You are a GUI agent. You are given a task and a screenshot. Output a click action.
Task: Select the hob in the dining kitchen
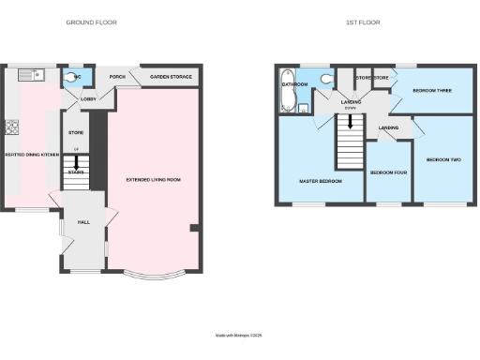click(x=13, y=128)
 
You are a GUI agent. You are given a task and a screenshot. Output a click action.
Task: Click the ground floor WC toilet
click(x=74, y=77)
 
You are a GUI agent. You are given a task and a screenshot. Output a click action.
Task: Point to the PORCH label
click(x=118, y=77)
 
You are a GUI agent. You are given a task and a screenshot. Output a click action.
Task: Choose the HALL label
click(x=82, y=222)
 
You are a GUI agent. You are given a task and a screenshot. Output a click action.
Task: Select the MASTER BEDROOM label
click(x=320, y=180)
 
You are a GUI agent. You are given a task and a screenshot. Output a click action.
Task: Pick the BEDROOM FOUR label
click(x=387, y=173)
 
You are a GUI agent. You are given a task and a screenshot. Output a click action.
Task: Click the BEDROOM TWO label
click(x=443, y=159)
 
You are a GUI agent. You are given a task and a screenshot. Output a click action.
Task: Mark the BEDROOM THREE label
click(x=432, y=91)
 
